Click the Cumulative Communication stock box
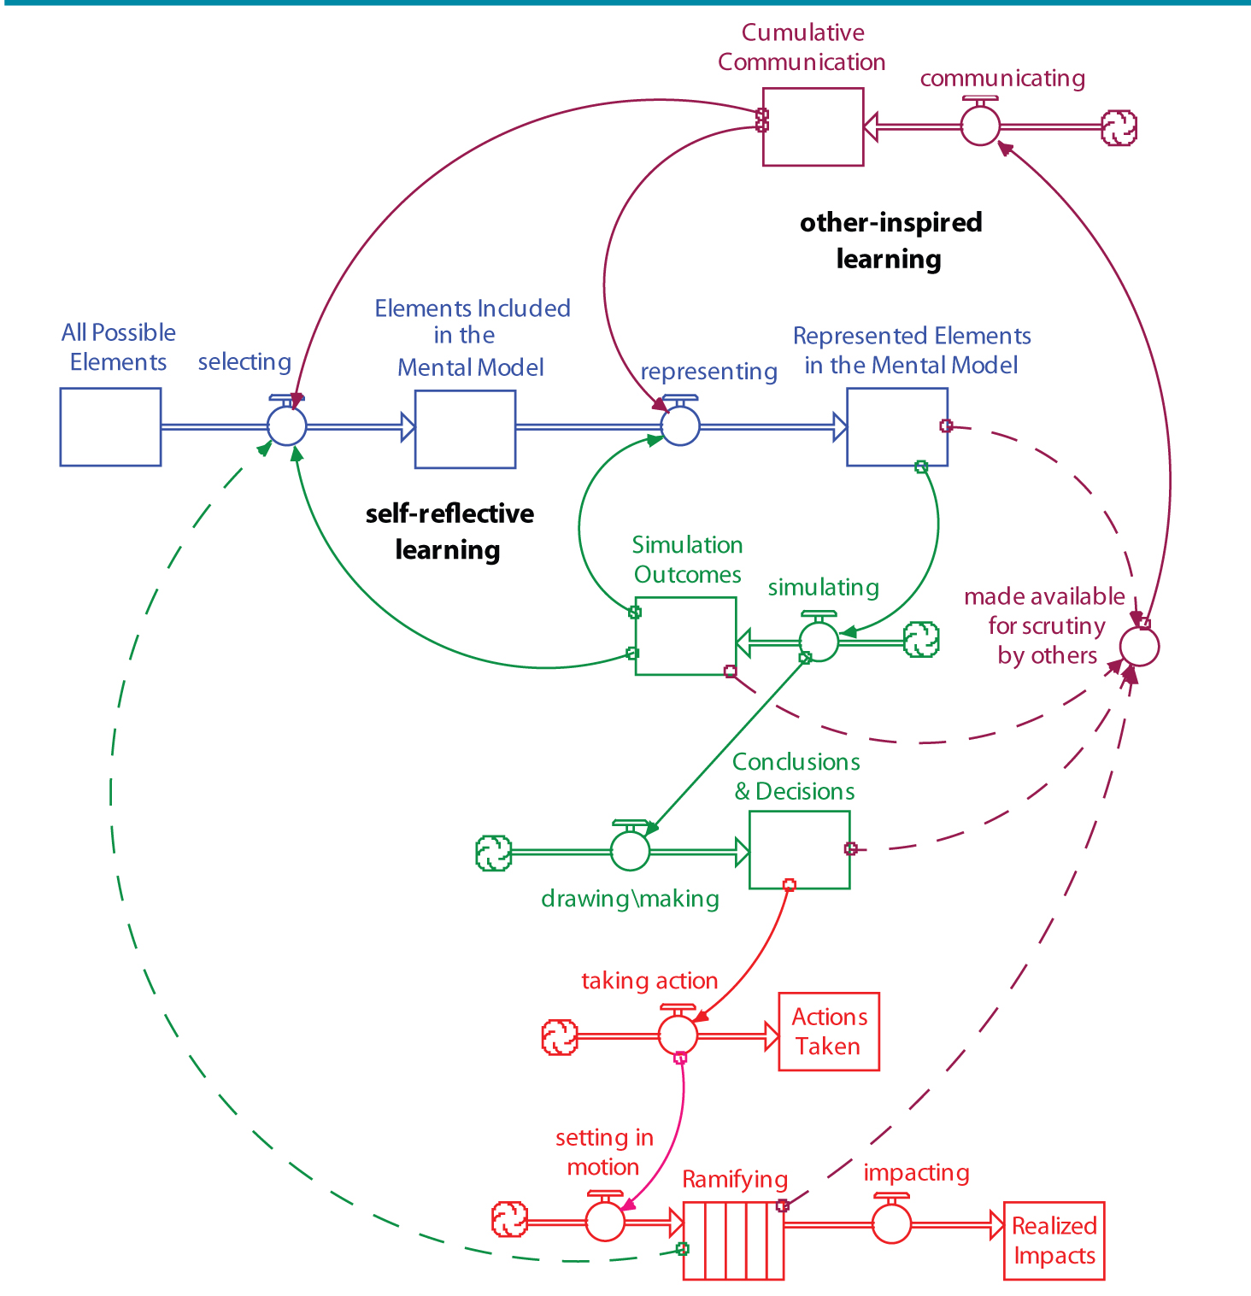click(x=813, y=126)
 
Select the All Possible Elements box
click(x=110, y=426)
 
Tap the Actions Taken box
click(x=828, y=1031)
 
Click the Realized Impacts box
click(x=1054, y=1240)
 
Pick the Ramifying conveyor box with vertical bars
click(x=733, y=1240)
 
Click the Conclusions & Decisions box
click(x=799, y=850)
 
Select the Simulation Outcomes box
click(x=685, y=636)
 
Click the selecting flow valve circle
click(x=286, y=425)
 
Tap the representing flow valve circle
click(x=680, y=425)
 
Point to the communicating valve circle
click(x=980, y=126)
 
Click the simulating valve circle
click(x=819, y=641)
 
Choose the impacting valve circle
click(x=891, y=1223)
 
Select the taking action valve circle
click(x=678, y=1035)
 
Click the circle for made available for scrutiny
click(x=1139, y=646)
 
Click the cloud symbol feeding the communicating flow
click(x=1119, y=127)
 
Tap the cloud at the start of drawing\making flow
click(x=493, y=853)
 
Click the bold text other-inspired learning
click(x=890, y=240)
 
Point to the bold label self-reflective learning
click(x=449, y=531)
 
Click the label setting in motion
click(x=604, y=1152)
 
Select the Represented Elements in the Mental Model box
click(x=896, y=426)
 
